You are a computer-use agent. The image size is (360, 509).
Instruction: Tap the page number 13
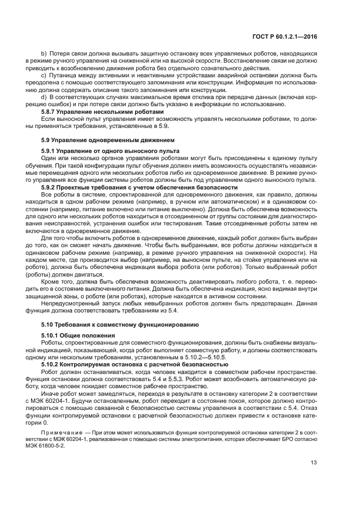point(314,464)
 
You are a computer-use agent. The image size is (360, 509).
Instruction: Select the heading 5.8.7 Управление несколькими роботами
point(87,112)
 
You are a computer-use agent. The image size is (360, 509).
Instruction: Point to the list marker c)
point(44,75)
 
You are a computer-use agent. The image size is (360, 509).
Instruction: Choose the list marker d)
point(44,97)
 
